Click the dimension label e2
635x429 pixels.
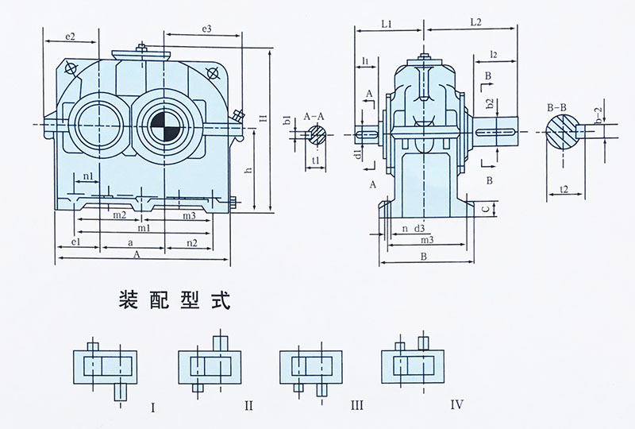point(71,37)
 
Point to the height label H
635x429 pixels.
point(263,119)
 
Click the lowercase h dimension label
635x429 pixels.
point(248,170)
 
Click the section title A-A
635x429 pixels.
point(317,116)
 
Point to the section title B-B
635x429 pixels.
point(556,106)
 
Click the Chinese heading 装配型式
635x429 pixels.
point(173,300)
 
